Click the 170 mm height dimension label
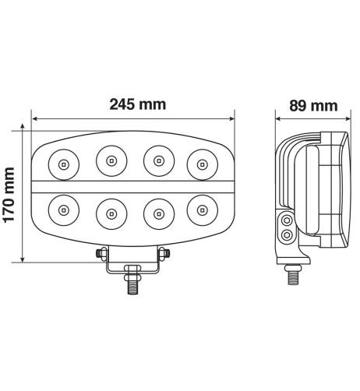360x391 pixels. pyautogui.click(x=11, y=194)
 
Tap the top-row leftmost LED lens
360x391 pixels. pyautogui.click(x=62, y=164)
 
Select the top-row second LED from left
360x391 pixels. pyautogui.click(x=111, y=161)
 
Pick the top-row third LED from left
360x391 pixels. pyautogui.click(x=158, y=161)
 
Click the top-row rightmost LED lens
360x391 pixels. pyautogui.click(x=203, y=164)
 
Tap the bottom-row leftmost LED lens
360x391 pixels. pyautogui.click(x=62, y=210)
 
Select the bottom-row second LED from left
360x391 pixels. pyautogui.click(x=111, y=211)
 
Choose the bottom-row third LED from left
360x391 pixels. pyautogui.click(x=158, y=211)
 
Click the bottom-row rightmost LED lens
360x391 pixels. pyautogui.click(x=203, y=210)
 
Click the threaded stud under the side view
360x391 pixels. pyautogui.click(x=294, y=275)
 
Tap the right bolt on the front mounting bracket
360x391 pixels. pyautogui.click(x=164, y=254)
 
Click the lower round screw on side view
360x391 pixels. pyautogui.click(x=288, y=235)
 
